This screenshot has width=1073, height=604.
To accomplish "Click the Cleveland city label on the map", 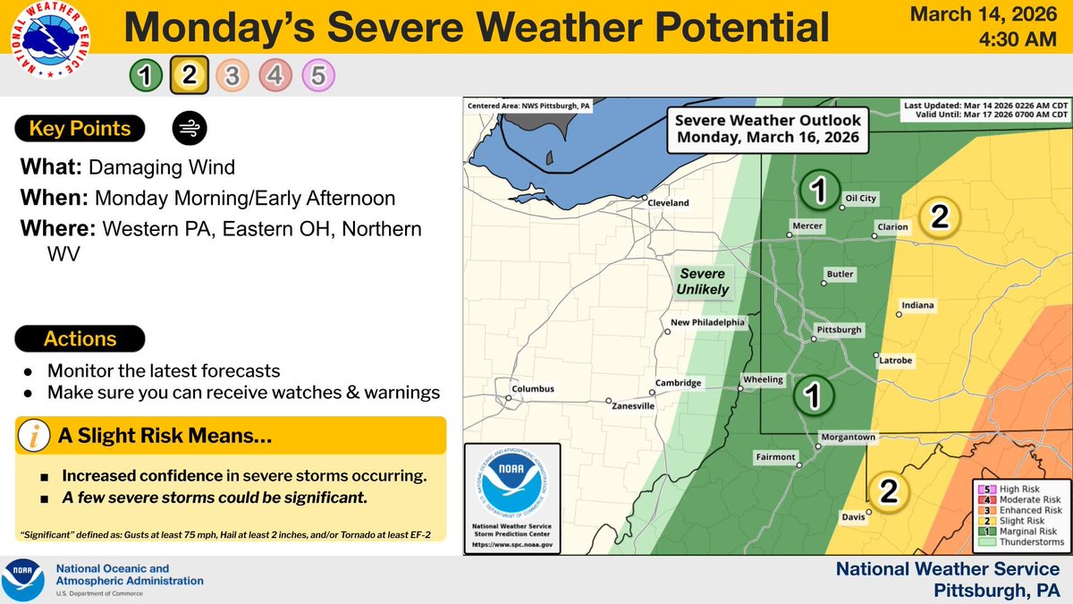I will pos(668,203).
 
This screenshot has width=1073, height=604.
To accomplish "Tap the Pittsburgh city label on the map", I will pos(839,330).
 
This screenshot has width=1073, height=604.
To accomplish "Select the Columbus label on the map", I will pos(532,389).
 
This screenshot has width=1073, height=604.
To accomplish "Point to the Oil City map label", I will pos(860,199).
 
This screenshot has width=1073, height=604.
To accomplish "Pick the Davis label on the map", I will pos(853,516).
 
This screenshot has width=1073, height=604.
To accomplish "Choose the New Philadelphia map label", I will pos(707,322).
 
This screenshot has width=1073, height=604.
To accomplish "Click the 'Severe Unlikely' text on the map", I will pos(702,281).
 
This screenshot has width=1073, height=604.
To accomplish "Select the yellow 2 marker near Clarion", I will pos(939,217).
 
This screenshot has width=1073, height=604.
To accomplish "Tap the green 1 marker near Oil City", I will pos(818,189).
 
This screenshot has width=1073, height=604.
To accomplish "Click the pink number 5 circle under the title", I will pos(318,76).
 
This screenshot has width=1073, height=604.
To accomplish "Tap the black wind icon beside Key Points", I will pos(189,129).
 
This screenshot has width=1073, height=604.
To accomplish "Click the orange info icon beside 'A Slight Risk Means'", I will pos(34,437).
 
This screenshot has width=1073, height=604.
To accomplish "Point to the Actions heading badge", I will pos(80,339).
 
